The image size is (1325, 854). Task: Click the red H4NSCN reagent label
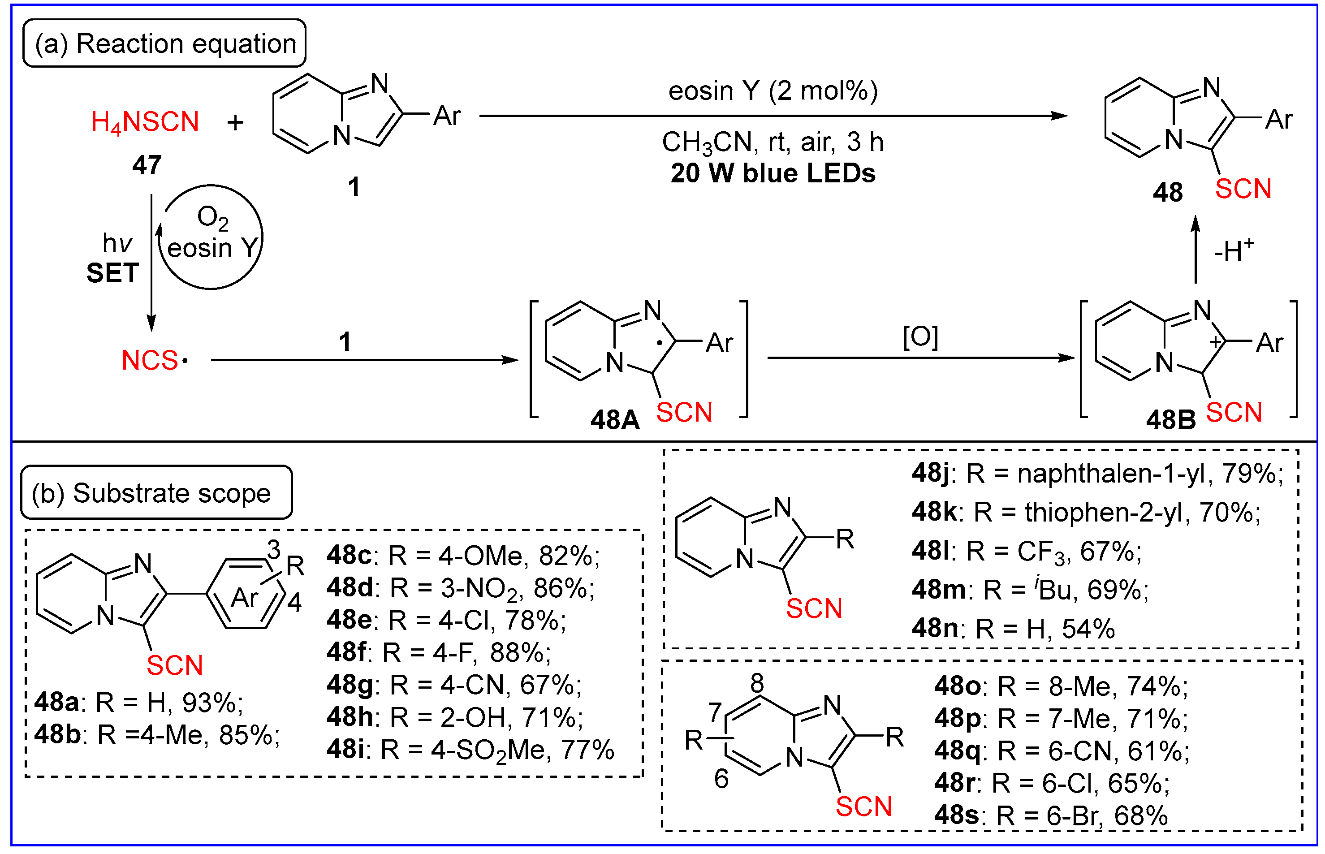pyautogui.click(x=145, y=122)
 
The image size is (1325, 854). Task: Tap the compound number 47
pyautogui.click(x=147, y=165)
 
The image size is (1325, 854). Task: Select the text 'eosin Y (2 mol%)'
pyautogui.click(x=773, y=91)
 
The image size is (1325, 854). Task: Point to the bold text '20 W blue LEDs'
pyautogui.click(x=773, y=173)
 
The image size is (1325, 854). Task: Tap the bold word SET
pyautogui.click(x=112, y=273)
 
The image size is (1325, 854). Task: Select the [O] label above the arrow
pyautogui.click(x=920, y=336)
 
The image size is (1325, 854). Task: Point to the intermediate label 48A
pyautogui.click(x=614, y=420)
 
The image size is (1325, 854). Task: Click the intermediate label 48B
pyautogui.click(x=1170, y=420)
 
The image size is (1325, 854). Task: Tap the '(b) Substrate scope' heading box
pyautogui.click(x=156, y=492)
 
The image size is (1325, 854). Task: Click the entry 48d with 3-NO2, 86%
pyautogui.click(x=460, y=588)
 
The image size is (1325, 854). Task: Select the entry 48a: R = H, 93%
pyautogui.click(x=138, y=703)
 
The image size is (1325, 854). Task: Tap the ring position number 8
pyautogui.click(x=757, y=683)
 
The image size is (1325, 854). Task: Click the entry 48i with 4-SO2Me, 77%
pyautogui.click(x=470, y=750)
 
